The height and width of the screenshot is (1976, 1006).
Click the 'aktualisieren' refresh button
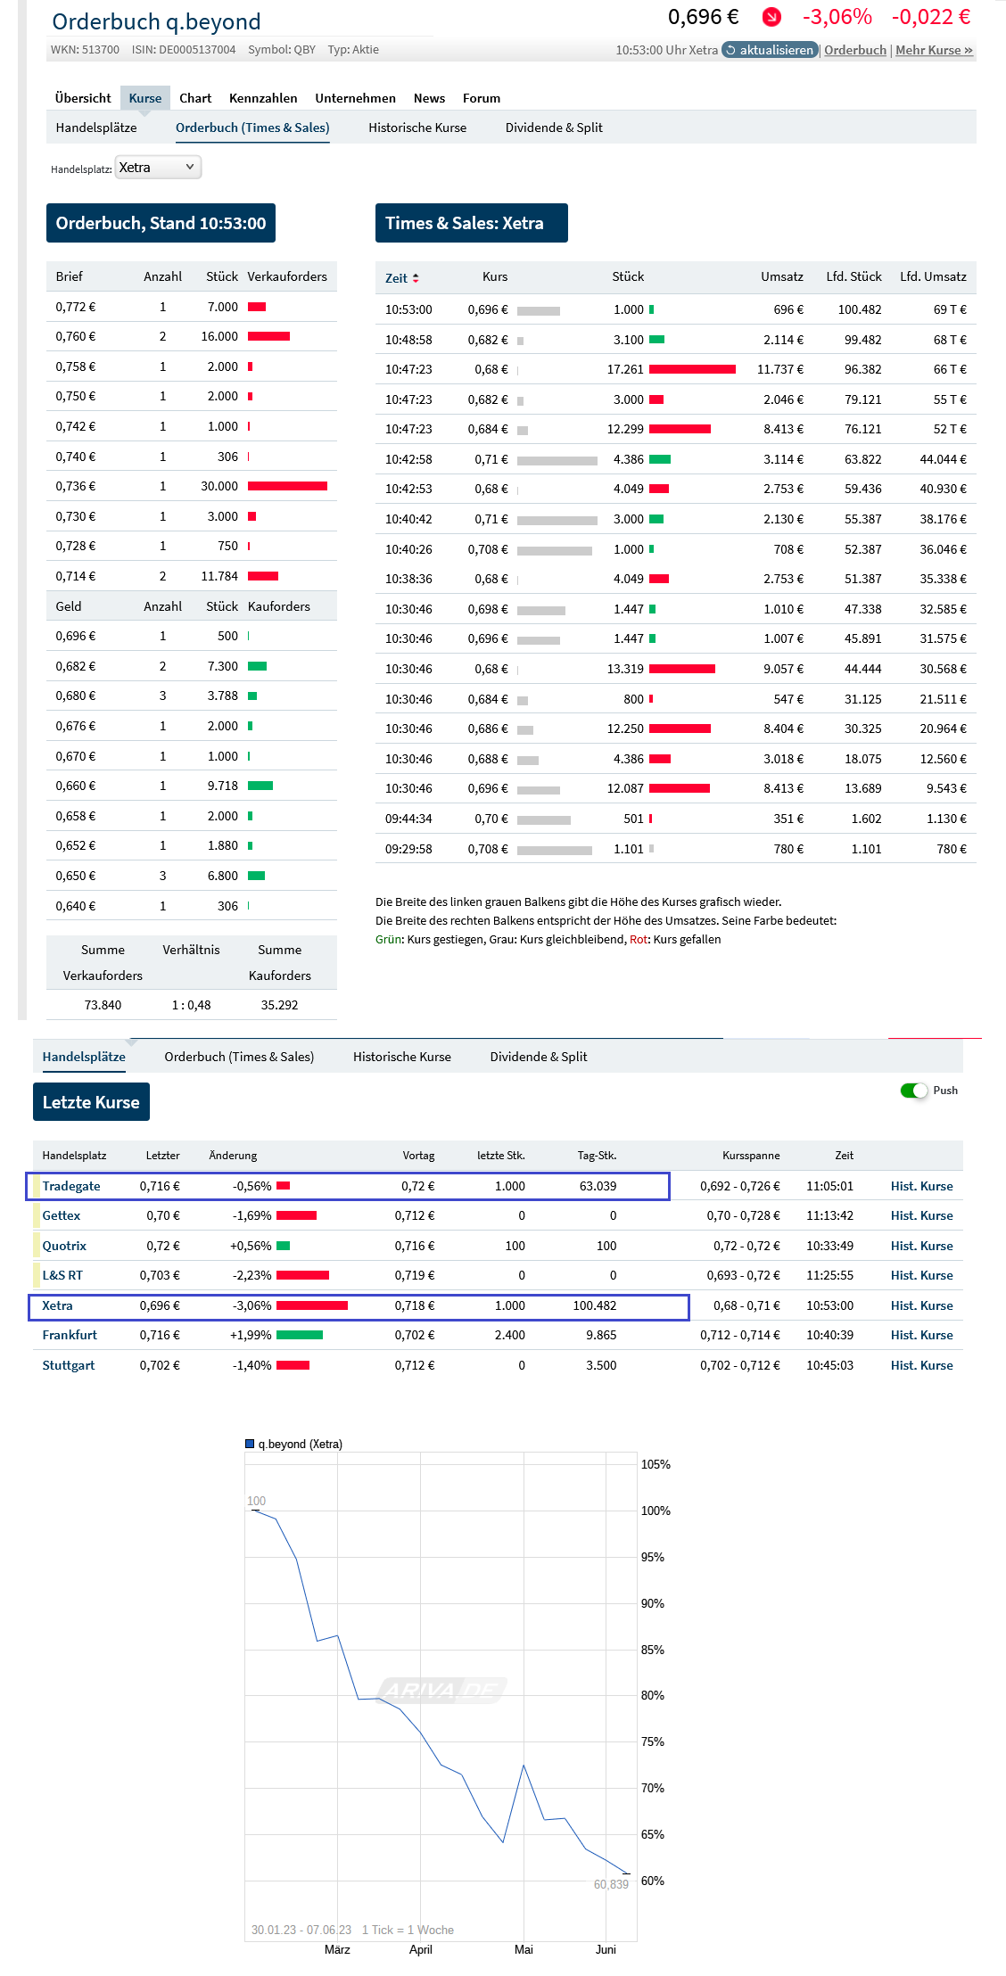(770, 50)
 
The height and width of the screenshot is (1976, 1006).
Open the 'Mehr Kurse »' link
(934, 50)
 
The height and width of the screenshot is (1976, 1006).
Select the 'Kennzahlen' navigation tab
(263, 98)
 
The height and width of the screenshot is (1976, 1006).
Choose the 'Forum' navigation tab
(482, 98)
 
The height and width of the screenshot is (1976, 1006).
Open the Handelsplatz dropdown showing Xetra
(158, 168)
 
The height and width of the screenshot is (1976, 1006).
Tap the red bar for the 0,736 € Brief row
(287, 486)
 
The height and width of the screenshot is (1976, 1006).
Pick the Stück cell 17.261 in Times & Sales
(625, 369)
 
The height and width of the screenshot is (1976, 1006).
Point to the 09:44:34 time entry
(408, 819)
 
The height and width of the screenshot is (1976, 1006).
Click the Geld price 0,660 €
(76, 786)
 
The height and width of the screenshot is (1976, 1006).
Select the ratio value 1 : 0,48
(191, 1005)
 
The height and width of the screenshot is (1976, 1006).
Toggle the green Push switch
(914, 1091)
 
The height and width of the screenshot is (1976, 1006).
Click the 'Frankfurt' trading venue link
(70, 1335)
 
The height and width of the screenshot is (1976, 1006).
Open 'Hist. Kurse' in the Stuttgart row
(921, 1365)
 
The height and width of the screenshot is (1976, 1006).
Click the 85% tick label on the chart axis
(653, 1650)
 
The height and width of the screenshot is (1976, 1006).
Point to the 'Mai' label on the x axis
(524, 1949)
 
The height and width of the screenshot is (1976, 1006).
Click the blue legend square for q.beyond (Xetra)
(250, 1444)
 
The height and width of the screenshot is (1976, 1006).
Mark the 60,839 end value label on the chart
(611, 1884)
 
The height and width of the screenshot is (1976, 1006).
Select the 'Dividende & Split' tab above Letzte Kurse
(539, 1057)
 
